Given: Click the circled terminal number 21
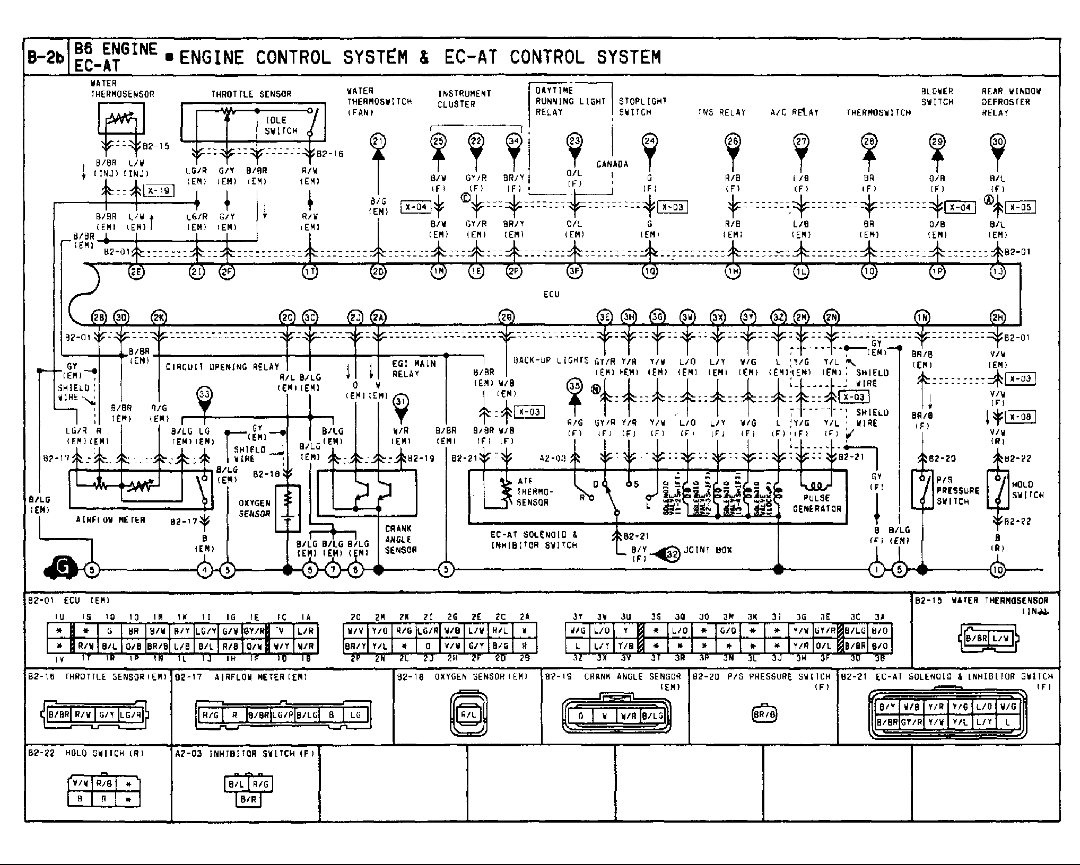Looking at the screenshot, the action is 378,142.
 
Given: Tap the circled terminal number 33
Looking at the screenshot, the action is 204,394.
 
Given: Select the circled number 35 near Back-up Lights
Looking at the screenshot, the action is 574,386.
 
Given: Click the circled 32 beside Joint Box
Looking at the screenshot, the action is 672,554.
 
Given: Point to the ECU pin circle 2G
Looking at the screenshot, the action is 506,317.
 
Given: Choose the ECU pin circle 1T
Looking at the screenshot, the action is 310,272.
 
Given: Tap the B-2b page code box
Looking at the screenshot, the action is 46,57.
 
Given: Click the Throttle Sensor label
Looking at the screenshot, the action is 251,94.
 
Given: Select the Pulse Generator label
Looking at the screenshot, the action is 817,503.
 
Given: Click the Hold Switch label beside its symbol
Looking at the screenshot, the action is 1027,490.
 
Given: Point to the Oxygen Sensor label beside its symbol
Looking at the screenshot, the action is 255,508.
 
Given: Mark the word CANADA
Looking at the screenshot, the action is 612,164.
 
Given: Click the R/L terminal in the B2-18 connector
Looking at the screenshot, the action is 468,714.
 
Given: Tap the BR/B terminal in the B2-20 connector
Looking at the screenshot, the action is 764,714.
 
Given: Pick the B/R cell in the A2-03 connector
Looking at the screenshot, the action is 248,799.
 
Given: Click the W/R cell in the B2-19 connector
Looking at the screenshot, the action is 628,716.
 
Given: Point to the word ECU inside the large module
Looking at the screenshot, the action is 551,294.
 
